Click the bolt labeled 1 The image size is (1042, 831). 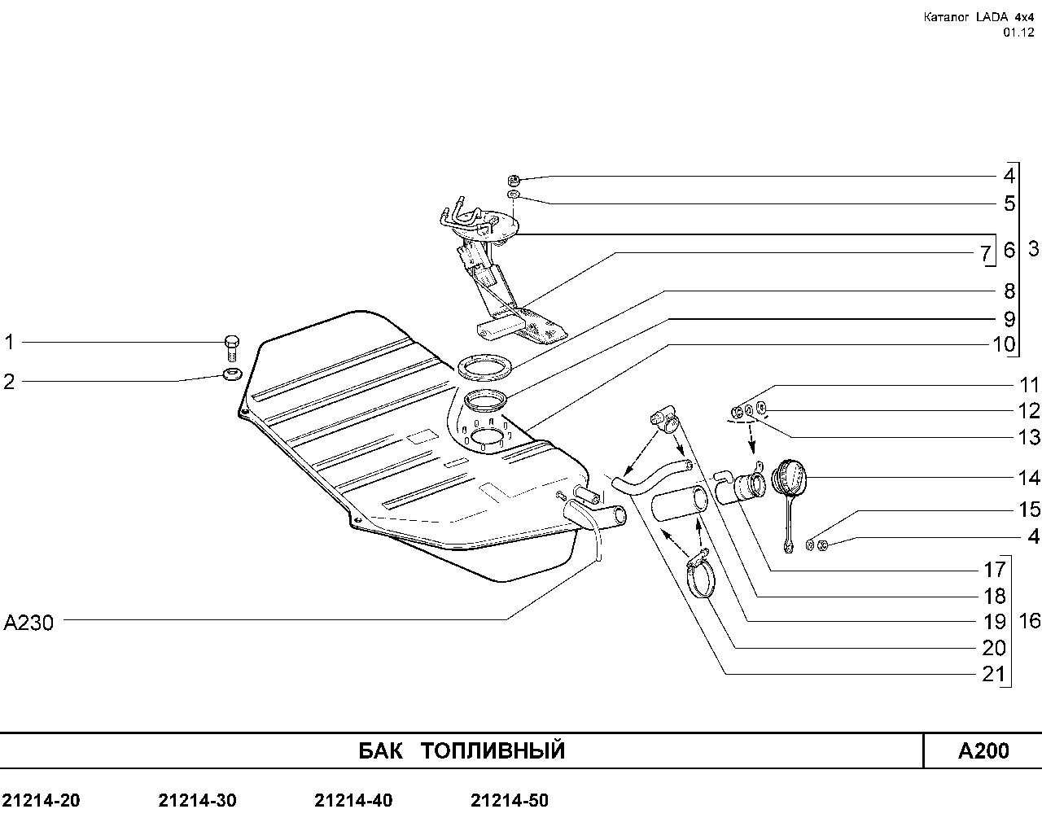pos(232,348)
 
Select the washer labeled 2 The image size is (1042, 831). pos(233,374)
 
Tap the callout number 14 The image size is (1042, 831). pos(1029,478)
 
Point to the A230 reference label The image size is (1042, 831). pos(28,623)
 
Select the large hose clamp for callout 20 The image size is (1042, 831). pos(701,575)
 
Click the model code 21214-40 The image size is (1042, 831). pos(353,801)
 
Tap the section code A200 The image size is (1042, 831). pos(983,750)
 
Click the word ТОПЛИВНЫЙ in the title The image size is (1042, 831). pos(493,750)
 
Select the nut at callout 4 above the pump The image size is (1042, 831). pos(514,181)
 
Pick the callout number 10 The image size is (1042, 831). pos(1004,344)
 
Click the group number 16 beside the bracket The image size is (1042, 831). pos(1030,621)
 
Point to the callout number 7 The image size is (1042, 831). pos(985,253)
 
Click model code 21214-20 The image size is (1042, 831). pos(42,801)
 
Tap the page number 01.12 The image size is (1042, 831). pos(1018,33)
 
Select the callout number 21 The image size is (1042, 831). pos(994,674)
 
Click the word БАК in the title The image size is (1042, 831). pos(381,750)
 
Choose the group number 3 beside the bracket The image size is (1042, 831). pos(1033,249)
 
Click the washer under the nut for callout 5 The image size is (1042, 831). pos(513,195)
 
